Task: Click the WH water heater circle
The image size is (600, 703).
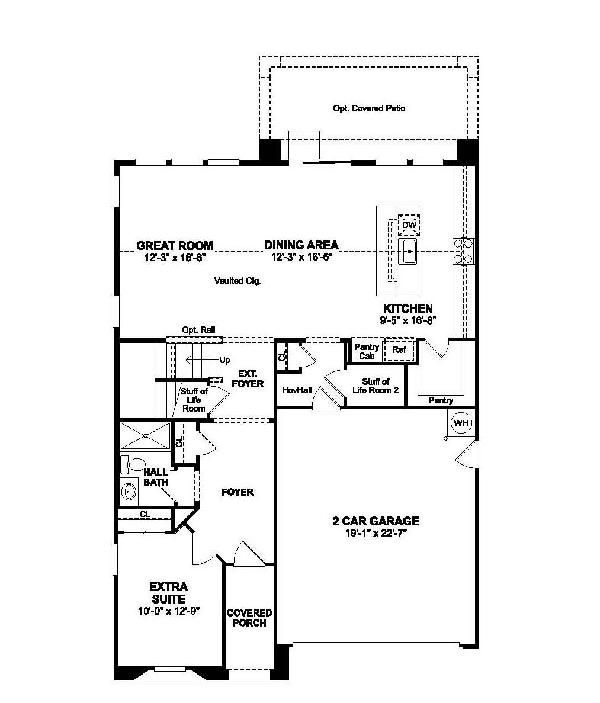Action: pos(460,423)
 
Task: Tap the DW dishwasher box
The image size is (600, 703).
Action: pos(409,225)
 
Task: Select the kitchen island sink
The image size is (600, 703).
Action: pos(408,252)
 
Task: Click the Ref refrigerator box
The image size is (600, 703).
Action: pos(399,350)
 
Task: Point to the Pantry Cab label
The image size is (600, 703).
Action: pos(367,351)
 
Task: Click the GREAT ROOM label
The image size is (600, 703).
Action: pos(174,245)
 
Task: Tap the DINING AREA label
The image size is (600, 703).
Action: pos(301,245)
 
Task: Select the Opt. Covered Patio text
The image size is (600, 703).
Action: pos(370,108)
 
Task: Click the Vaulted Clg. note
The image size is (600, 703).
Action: pos(238,281)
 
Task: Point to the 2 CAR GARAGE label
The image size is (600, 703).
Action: pos(375,521)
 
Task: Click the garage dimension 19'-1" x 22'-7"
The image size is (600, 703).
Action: pos(375,533)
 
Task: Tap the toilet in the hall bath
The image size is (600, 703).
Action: pos(134,464)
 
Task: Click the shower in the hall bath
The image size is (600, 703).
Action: pos(145,436)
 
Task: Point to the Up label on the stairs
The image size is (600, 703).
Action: pos(224,360)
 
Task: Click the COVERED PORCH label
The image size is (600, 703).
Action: pos(249,618)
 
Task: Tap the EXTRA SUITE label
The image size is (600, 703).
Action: pos(168,593)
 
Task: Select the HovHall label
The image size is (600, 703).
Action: pos(297,390)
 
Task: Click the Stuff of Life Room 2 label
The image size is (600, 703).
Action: pos(376,386)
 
